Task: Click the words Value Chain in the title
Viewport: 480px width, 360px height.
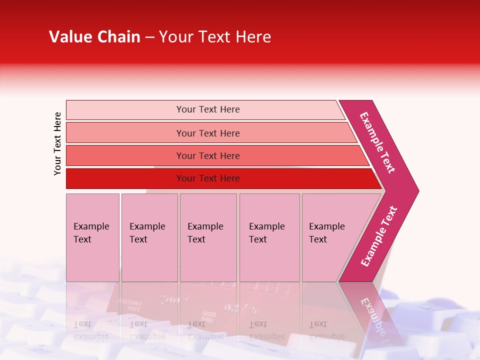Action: click(94, 37)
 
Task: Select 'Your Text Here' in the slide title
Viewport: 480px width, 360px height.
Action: click(215, 37)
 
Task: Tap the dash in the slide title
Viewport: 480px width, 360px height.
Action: click(149, 37)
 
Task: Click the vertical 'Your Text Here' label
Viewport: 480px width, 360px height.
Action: click(57, 143)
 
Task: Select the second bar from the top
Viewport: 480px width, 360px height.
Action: click(207, 133)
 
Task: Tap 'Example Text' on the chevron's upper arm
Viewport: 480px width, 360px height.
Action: click(377, 142)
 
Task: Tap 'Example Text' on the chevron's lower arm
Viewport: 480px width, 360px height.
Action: click(379, 236)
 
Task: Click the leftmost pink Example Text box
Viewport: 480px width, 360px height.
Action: click(92, 237)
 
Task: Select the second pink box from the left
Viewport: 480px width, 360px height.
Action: click(149, 237)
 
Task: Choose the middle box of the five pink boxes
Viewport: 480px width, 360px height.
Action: click(208, 237)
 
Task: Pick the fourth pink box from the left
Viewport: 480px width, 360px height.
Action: click(269, 237)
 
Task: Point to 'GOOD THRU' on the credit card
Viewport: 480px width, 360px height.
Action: click(209, 316)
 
